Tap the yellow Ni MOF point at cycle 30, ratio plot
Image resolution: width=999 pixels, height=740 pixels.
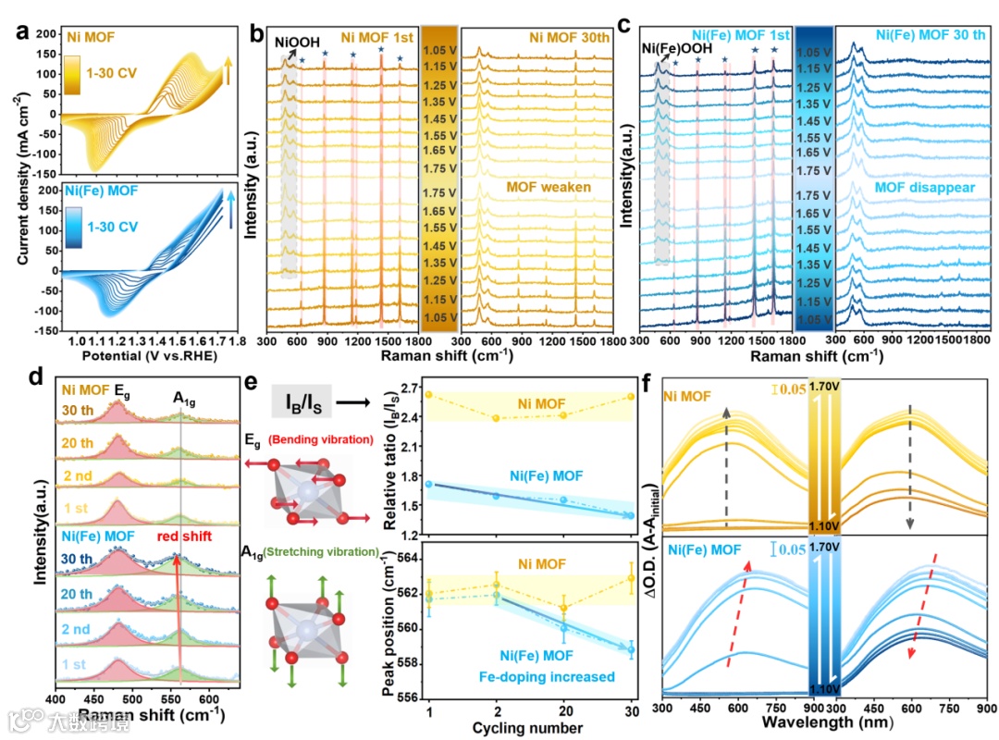point(630,396)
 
